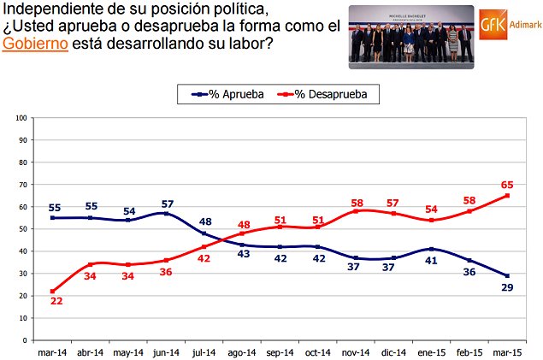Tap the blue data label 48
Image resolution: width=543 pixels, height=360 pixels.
click(206, 222)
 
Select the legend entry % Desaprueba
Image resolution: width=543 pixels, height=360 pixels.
click(329, 94)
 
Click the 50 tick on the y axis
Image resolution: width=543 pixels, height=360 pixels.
click(21, 228)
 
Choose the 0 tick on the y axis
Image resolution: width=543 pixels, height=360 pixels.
click(24, 340)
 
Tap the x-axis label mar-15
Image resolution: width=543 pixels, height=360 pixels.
click(507, 351)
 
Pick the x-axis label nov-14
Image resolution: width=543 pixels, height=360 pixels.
click(357, 351)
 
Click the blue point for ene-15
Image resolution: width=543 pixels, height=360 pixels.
click(433, 249)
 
